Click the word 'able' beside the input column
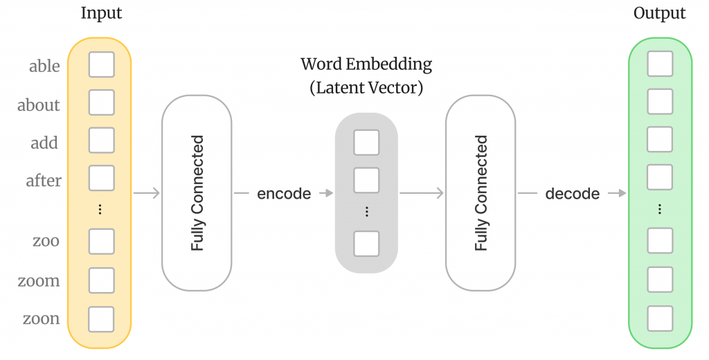pyautogui.click(x=44, y=66)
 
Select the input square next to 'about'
pyautogui.click(x=102, y=102)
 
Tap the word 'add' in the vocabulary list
pyautogui.click(x=44, y=143)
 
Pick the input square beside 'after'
pyautogui.click(x=102, y=178)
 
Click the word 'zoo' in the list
pyautogui.click(x=46, y=242)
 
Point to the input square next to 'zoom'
pyautogui.click(x=102, y=280)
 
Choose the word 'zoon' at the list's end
pyautogui.click(x=42, y=319)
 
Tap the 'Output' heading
pyautogui.click(x=659, y=13)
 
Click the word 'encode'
pyautogui.click(x=284, y=194)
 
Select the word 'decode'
pyautogui.click(x=572, y=194)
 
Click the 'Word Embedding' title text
pyautogui.click(x=366, y=65)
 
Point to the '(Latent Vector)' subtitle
pyautogui.click(x=366, y=88)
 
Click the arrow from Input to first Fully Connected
pyautogui.click(x=146, y=193)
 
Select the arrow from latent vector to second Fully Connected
pyautogui.click(x=421, y=193)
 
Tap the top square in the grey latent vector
pyautogui.click(x=366, y=143)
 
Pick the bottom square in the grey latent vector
pyautogui.click(x=366, y=244)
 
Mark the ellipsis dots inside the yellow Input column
pyautogui.click(x=101, y=210)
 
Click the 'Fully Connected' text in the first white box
pyautogui.click(x=197, y=193)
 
